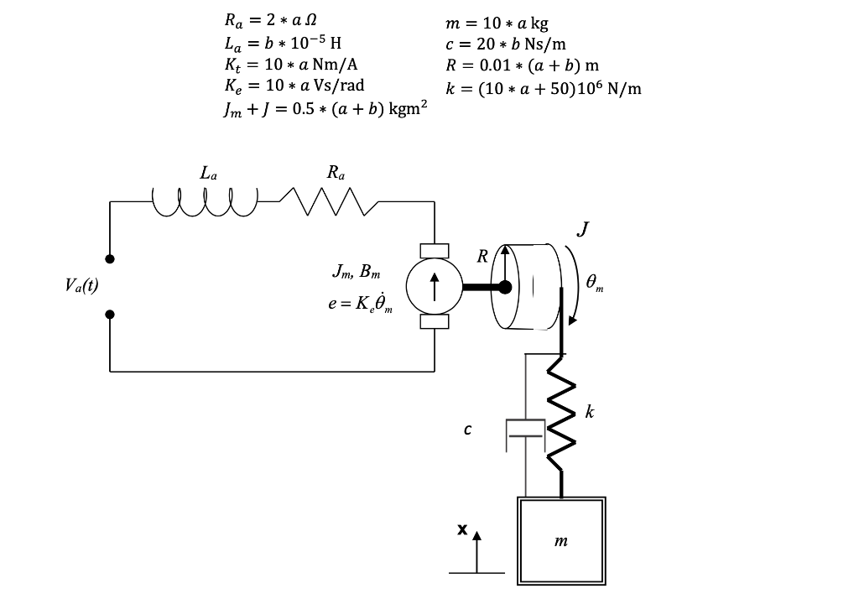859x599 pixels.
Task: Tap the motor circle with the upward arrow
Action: point(434,287)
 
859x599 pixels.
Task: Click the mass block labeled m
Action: point(561,541)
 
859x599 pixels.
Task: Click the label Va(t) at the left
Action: point(81,285)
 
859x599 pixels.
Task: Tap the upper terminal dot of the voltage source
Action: point(110,260)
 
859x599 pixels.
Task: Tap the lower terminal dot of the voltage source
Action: point(110,315)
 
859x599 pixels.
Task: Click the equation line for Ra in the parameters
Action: point(269,18)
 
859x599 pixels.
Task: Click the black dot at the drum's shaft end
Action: point(506,287)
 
